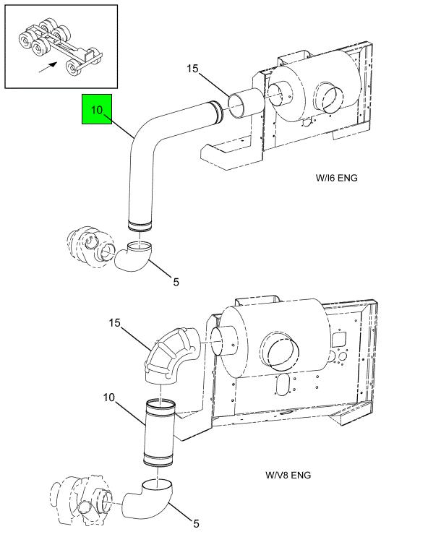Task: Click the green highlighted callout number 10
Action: (96, 110)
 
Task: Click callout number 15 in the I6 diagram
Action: (192, 69)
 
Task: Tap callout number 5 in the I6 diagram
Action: (176, 282)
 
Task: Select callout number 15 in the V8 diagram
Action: (114, 323)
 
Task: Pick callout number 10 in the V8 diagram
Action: (108, 398)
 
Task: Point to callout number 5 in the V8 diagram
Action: (196, 524)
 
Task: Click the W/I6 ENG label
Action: (336, 178)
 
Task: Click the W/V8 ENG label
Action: (288, 475)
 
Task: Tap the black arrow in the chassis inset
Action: (48, 67)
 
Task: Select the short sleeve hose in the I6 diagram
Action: (245, 103)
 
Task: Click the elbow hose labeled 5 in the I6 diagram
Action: (134, 258)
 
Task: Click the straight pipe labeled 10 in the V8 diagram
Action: (160, 432)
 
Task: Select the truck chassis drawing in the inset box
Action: (59, 48)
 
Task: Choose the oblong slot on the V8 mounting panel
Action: (282, 385)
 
